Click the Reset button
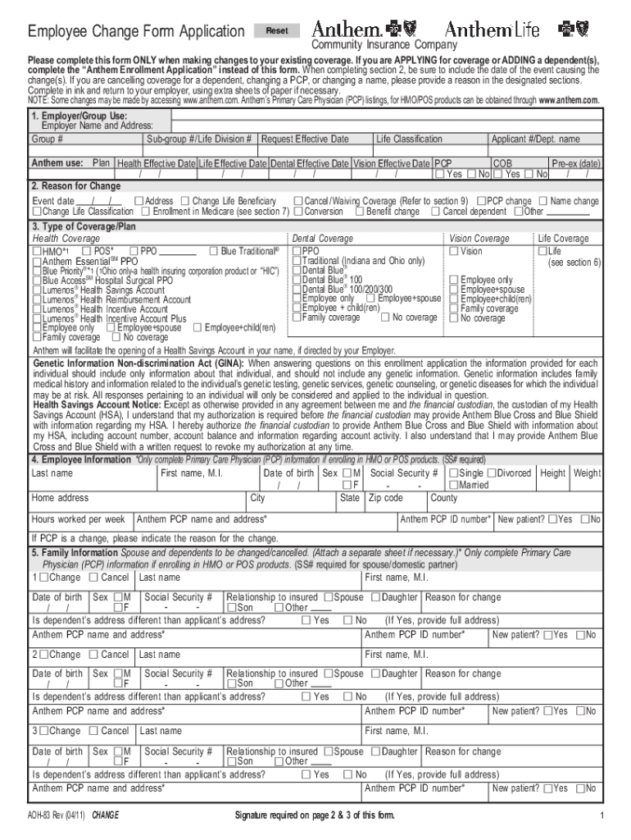[277, 31]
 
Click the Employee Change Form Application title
[136, 32]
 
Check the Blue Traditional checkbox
[214, 251]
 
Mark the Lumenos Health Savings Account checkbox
[37, 290]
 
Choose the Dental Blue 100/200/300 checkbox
[297, 290]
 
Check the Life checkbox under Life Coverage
[542, 251]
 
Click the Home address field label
[60, 498]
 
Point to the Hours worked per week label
[78, 519]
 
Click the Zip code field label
[385, 498]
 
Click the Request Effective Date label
[304, 139]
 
